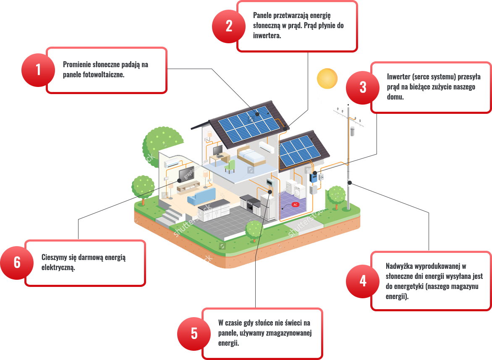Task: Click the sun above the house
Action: pyautogui.click(x=327, y=78)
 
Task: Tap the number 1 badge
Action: pyautogui.click(x=38, y=70)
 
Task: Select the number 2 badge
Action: pyautogui.click(x=229, y=26)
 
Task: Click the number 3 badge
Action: pyautogui.click(x=363, y=87)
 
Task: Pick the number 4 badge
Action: pyautogui.click(x=363, y=281)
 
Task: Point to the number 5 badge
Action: pyautogui.click(x=194, y=334)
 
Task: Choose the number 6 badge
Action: pyautogui.click(x=17, y=263)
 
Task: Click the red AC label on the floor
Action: pyautogui.click(x=295, y=205)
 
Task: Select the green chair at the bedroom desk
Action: pyautogui.click(x=230, y=166)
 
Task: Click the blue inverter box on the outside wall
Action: pyautogui.click(x=314, y=176)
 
